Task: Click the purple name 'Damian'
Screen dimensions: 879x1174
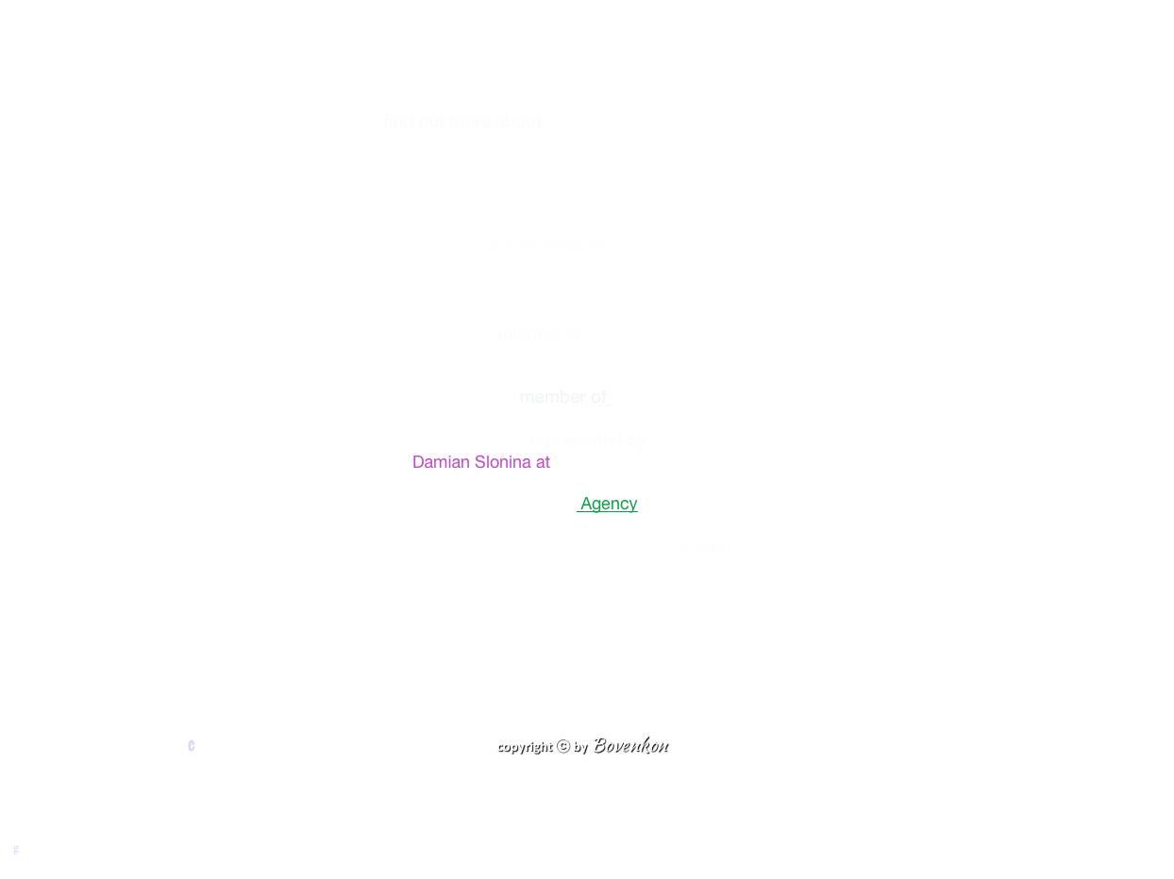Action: pyautogui.click(x=441, y=462)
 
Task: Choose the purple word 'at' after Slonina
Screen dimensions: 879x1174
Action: pyautogui.click(x=543, y=462)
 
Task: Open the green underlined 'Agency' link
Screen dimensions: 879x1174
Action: pyautogui.click(x=609, y=504)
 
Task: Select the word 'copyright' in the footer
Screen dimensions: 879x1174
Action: pyautogui.click(x=524, y=746)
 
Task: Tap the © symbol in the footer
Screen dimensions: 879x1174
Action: pyautogui.click(x=562, y=745)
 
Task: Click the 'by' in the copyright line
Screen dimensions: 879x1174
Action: pyautogui.click(x=579, y=746)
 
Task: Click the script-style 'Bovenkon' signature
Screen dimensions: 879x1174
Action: pyautogui.click(x=629, y=745)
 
